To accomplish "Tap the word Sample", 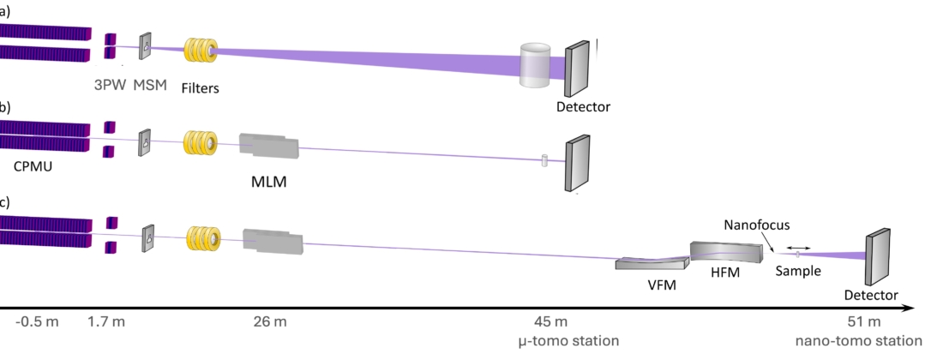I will click(x=798, y=271).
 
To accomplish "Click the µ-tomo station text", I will click(x=569, y=341).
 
